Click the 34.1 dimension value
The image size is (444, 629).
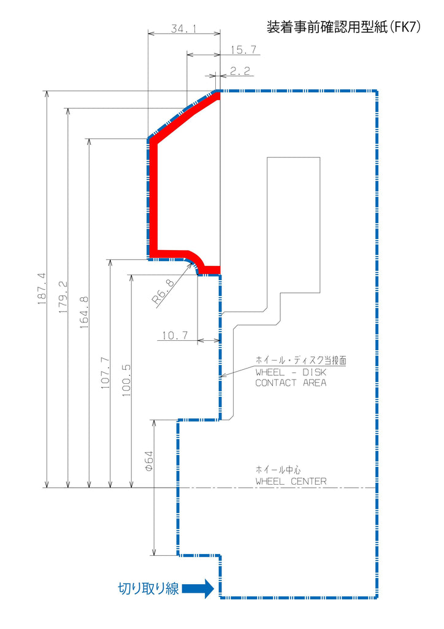tap(184, 29)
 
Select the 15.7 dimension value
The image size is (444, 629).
tap(243, 50)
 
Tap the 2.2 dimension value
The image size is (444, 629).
tap(240, 71)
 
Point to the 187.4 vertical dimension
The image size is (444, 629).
tap(42, 289)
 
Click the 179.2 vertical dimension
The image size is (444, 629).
tap(63, 297)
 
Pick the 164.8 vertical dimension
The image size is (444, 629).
tap(84, 313)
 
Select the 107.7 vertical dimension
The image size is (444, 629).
tap(105, 373)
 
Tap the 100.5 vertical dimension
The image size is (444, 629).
tap(126, 381)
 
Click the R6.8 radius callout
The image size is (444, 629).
tap(163, 292)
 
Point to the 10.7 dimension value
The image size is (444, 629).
tap(175, 335)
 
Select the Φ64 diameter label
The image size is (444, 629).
tap(148, 461)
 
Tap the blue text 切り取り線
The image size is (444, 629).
tap(148, 588)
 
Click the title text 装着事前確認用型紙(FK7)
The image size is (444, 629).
tap(343, 27)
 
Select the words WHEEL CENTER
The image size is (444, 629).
tap(291, 482)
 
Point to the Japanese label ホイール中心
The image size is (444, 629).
tap(278, 469)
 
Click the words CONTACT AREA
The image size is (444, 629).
tap(291, 383)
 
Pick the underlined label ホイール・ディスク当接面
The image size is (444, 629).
tap(301, 360)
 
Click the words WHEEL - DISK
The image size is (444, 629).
tap(291, 372)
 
